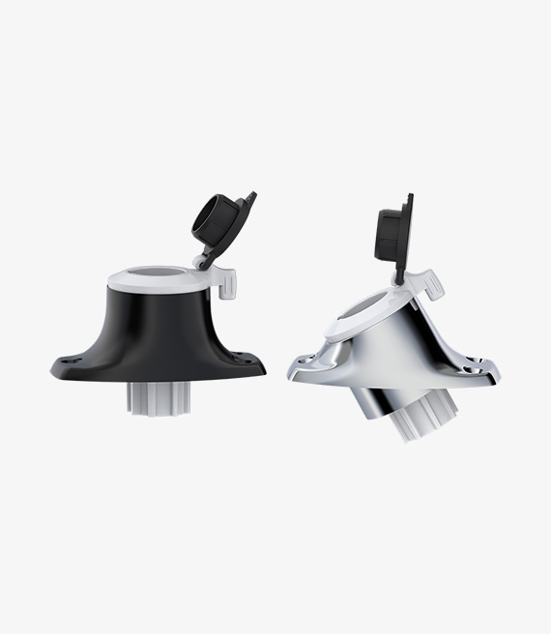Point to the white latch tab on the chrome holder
tap(432, 284)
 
